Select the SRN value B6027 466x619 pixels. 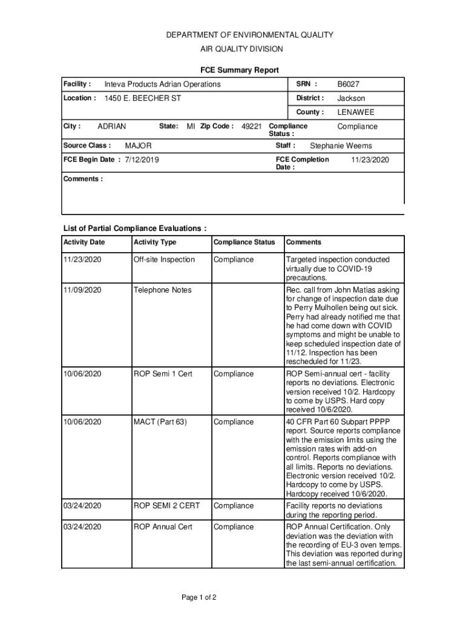348,84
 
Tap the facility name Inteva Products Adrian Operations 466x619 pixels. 162,84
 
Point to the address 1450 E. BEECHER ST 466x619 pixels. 143,98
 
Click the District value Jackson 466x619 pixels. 351,98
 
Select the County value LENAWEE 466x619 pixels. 356,112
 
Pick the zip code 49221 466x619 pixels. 252,126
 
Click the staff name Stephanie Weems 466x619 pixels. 341,146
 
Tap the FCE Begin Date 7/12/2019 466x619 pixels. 142,160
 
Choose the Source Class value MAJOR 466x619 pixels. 138,146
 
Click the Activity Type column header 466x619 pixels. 155,242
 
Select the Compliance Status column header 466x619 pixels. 244,242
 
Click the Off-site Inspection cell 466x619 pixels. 164,259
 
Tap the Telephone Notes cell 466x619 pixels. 162,290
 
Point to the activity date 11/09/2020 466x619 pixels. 82,290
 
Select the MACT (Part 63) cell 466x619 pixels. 160,421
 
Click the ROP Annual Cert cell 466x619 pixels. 163,527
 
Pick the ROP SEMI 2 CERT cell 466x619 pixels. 166,506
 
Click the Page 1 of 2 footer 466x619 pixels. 199,598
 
